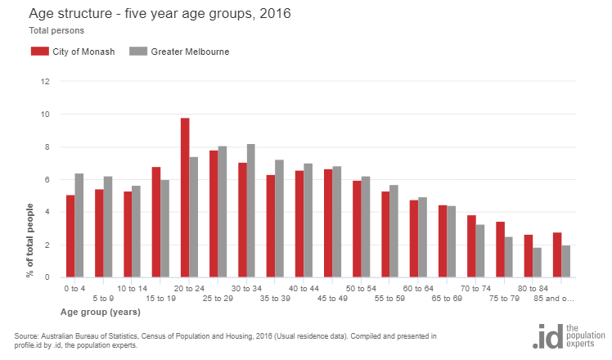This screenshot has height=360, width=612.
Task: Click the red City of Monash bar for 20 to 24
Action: (185, 198)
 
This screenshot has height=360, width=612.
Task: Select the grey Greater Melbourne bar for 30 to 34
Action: (251, 211)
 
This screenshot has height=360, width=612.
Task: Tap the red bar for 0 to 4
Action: (70, 236)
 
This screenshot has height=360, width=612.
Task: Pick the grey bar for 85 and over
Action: (565, 262)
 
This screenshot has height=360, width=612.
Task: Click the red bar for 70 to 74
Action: (471, 246)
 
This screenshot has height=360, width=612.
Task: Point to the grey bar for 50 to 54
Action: (366, 227)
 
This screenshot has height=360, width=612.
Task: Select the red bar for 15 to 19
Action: (156, 223)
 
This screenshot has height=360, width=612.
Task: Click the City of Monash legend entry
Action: (78, 52)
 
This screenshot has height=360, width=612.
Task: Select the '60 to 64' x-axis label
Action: (418, 289)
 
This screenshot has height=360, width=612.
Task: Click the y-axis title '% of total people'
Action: (30, 241)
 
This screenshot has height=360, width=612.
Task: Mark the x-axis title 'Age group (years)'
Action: (100, 313)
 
